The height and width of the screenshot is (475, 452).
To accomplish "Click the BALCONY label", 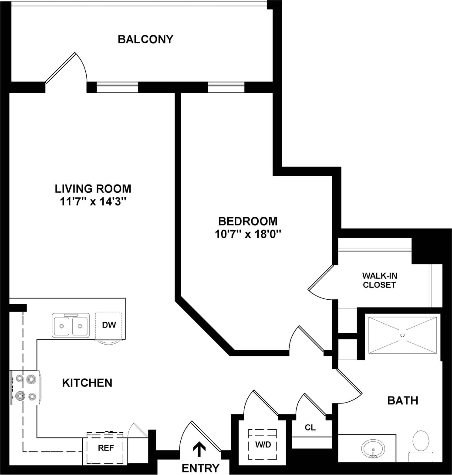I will click(x=145, y=39).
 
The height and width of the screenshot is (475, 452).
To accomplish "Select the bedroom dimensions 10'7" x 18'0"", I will click(x=248, y=234).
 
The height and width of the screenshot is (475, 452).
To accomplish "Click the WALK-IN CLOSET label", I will click(x=380, y=280).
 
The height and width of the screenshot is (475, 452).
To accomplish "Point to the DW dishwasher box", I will click(x=108, y=325).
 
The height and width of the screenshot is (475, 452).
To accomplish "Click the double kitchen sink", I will click(x=71, y=325).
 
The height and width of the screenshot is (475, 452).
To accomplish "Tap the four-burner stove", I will click(x=25, y=388).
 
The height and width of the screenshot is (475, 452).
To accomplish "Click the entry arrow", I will click(x=199, y=449).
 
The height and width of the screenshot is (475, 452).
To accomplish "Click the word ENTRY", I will click(x=200, y=468).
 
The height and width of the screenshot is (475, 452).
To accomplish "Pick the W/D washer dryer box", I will click(x=262, y=444).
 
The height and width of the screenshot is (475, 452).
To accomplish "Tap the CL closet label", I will click(x=310, y=427).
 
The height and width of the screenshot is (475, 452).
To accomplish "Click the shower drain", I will click(x=403, y=335).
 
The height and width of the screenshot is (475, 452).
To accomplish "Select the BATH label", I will click(x=403, y=400).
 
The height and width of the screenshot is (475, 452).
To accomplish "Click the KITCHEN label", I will click(x=87, y=383).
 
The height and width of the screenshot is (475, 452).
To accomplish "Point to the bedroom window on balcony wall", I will click(x=226, y=87).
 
